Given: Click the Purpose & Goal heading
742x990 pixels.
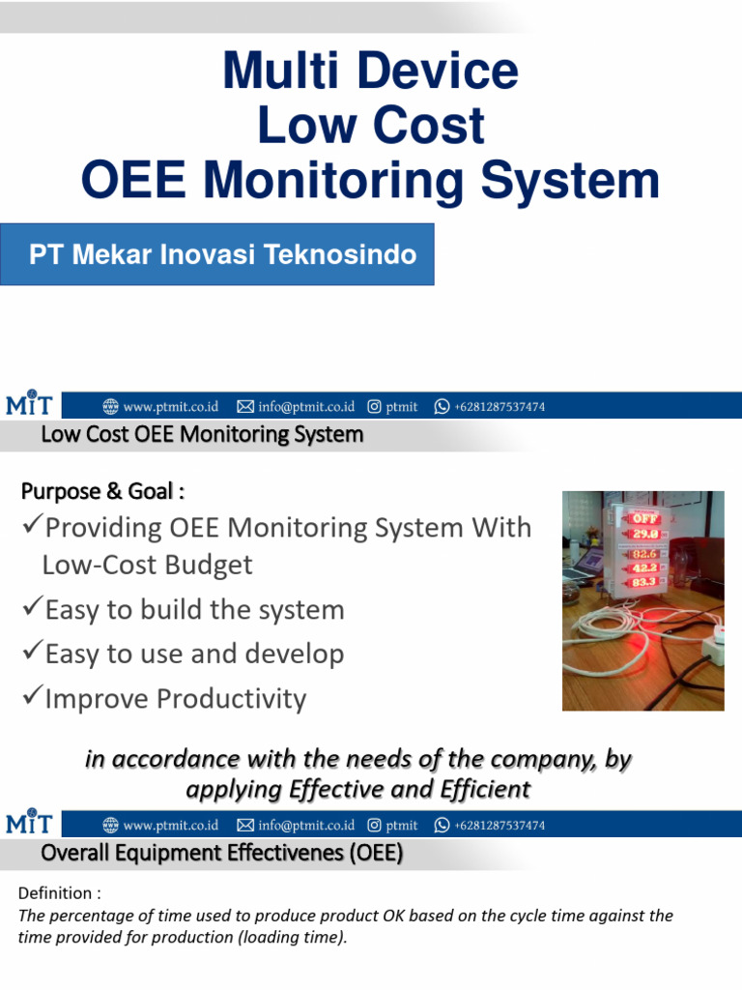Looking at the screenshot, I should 102,491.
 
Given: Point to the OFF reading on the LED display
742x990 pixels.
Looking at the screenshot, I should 645,517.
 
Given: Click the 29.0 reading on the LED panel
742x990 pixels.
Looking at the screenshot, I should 645,533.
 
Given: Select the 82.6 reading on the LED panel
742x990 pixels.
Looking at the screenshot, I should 645,554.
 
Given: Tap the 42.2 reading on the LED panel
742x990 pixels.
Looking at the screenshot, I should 645,568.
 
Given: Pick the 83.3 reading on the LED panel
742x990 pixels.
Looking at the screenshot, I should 645,582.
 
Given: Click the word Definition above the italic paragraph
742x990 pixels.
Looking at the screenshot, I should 54,891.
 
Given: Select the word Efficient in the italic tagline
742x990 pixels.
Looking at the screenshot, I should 480,790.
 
